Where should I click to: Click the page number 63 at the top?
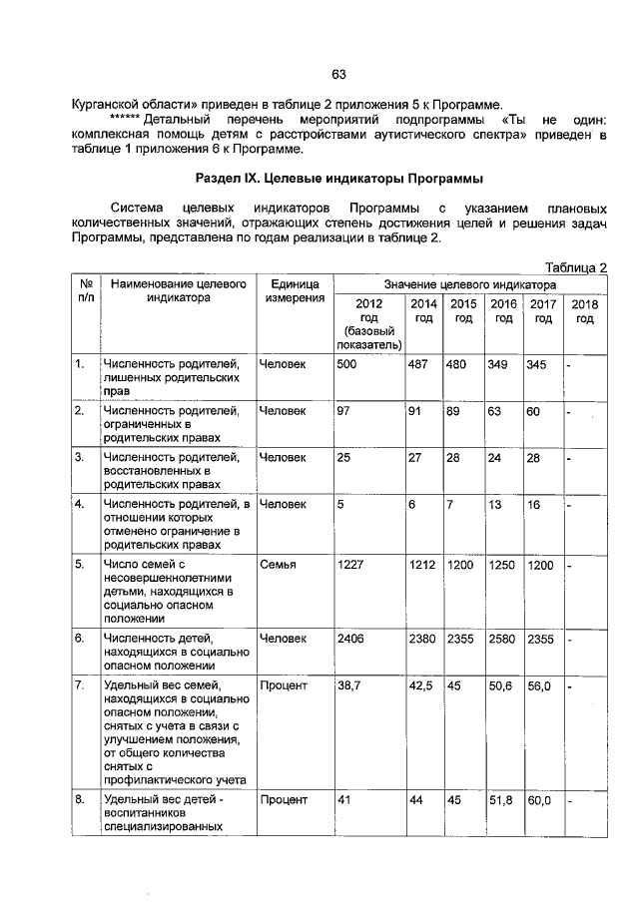pos(338,74)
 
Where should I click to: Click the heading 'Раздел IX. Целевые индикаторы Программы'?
pos(338,180)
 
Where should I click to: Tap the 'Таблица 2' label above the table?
pos(576,266)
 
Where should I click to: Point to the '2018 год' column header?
pos(585,311)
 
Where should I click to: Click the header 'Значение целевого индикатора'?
pos(470,284)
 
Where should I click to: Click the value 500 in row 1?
pos(347,364)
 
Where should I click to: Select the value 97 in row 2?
pos(344,411)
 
